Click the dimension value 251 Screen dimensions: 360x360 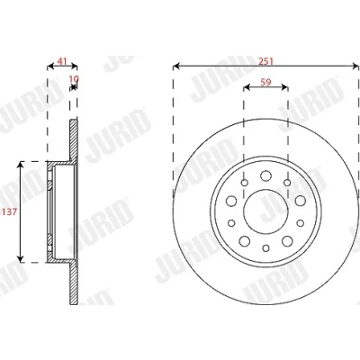pos(266,61)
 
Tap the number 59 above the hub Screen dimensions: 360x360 pos(265,82)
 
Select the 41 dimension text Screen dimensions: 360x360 pos(62,61)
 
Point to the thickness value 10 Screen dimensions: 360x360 pos(74,79)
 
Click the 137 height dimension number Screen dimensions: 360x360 pos(10,212)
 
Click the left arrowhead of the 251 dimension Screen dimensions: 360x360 pos(176,67)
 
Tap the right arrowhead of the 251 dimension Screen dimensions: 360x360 pos(355,67)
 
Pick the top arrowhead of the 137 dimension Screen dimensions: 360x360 pos(21,165)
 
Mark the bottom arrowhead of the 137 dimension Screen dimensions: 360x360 pos(21,259)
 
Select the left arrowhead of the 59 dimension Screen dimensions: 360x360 pos(247,87)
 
